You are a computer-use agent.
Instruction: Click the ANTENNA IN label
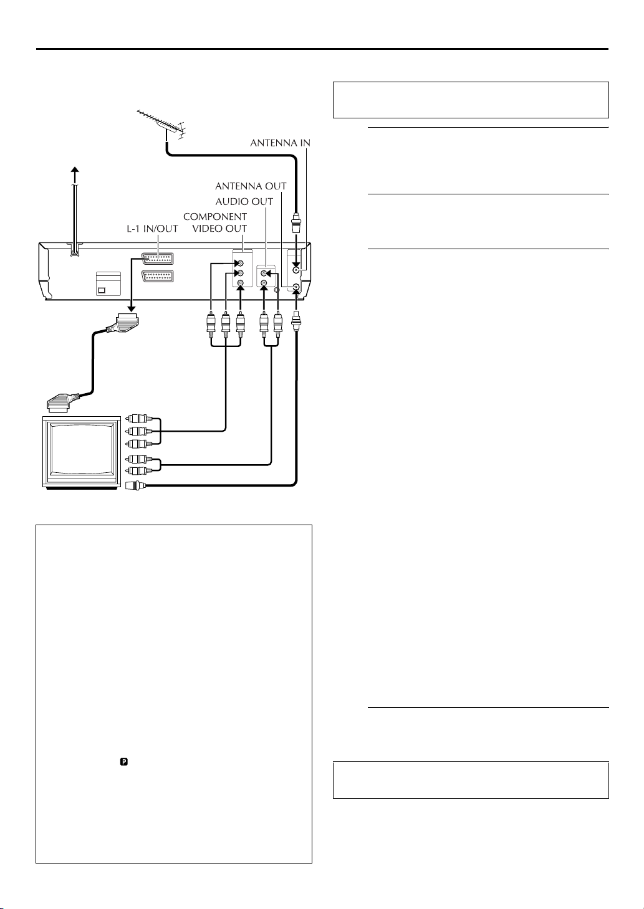(x=280, y=143)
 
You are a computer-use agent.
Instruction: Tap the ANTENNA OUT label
(x=251, y=186)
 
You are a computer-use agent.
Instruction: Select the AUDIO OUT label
(x=244, y=201)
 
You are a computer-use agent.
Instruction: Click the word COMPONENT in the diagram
(x=215, y=217)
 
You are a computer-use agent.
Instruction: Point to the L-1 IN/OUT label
(x=152, y=229)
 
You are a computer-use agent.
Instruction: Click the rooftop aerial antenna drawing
(x=161, y=124)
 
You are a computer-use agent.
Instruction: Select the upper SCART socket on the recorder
(x=158, y=259)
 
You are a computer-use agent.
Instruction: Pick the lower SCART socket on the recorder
(x=158, y=277)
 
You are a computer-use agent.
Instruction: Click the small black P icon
(x=124, y=762)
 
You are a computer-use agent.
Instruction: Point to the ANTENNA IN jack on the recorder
(x=296, y=270)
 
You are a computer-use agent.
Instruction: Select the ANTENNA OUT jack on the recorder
(x=296, y=287)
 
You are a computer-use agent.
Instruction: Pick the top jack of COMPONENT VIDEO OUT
(x=241, y=263)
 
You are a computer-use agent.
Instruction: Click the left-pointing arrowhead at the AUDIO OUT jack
(x=269, y=274)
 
